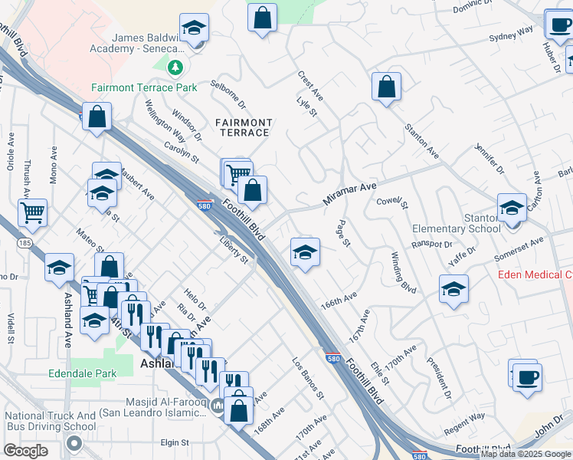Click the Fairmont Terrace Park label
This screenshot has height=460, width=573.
144,87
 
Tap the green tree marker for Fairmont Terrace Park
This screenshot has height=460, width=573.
176,68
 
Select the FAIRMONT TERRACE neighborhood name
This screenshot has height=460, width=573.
243,127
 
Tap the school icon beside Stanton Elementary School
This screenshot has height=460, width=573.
512,208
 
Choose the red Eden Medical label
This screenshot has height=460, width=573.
535,274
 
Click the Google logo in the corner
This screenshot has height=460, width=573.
25,450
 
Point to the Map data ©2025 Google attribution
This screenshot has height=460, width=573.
526,455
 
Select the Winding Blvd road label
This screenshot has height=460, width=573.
404,273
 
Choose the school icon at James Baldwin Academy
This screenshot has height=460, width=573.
195,29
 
